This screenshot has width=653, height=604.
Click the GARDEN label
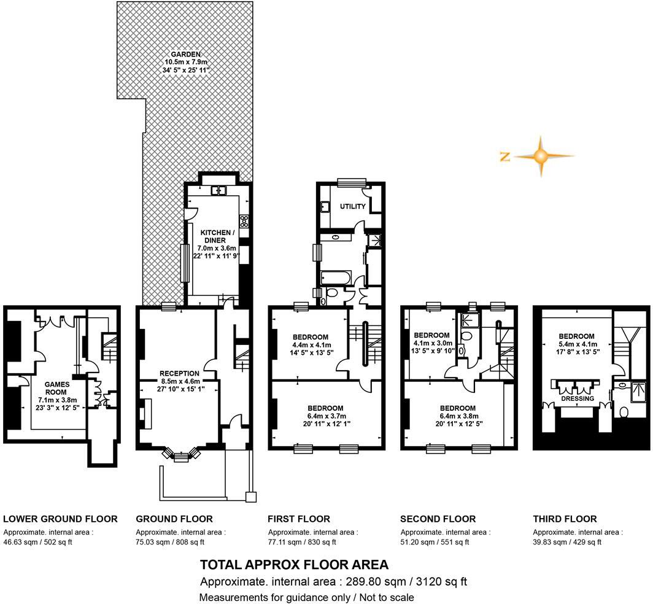186,54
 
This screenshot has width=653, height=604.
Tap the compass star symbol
540,156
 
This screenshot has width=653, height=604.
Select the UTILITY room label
353,207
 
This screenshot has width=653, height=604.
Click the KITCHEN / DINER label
217,236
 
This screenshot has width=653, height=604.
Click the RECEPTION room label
179,373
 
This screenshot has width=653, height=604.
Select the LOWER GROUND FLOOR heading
60,519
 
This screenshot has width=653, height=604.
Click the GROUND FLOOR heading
174,519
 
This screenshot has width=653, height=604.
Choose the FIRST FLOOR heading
299,519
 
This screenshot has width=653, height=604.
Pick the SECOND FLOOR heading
438,519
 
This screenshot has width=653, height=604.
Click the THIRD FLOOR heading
565,519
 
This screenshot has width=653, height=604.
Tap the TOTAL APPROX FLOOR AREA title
294,565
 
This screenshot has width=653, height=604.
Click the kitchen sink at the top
219,190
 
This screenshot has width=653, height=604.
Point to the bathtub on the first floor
335,279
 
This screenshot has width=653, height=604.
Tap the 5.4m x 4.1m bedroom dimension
576,344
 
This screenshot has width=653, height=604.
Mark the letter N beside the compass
505,157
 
